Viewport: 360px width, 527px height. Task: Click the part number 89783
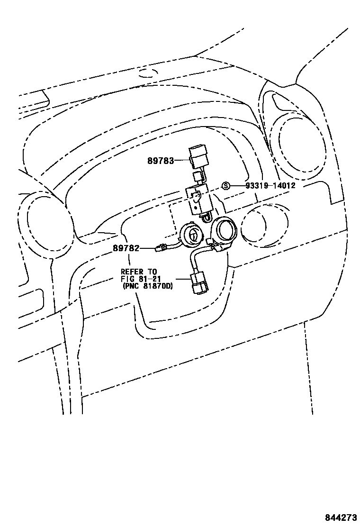coord(160,161)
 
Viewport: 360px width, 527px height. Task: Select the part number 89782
coord(126,247)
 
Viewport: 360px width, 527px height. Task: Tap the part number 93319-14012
coord(270,185)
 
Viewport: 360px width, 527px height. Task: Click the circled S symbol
coord(226,185)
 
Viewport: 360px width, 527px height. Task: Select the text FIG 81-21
coord(139,279)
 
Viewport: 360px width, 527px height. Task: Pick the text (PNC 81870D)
coord(147,286)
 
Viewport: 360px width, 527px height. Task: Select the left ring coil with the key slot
coord(192,235)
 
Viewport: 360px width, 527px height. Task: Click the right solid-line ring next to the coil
coord(223,232)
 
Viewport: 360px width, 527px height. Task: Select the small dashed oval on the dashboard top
coord(150,73)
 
